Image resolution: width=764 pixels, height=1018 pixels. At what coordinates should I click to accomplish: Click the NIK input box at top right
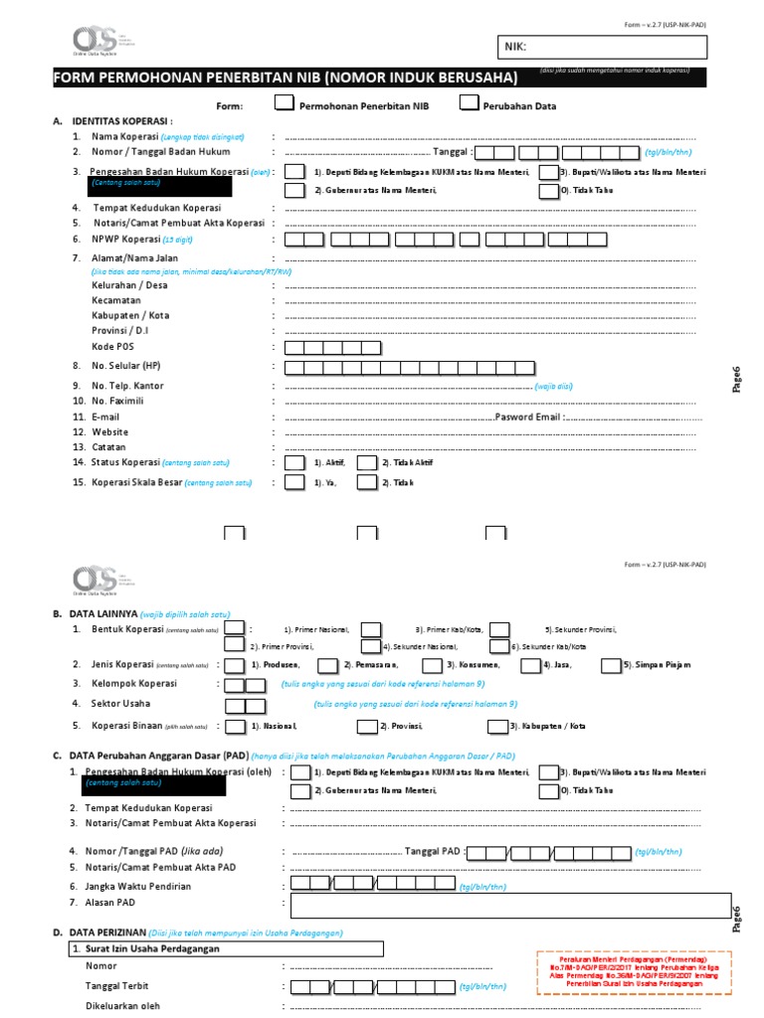(x=602, y=47)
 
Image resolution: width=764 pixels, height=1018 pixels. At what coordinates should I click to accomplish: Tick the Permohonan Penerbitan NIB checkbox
(x=284, y=102)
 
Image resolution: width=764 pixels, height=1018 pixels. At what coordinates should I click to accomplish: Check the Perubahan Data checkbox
(x=468, y=102)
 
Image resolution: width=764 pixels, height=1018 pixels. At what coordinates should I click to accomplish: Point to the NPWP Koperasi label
(x=125, y=240)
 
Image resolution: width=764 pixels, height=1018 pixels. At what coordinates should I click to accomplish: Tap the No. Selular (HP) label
(x=124, y=366)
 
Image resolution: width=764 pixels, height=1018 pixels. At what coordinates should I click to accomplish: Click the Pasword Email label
(x=527, y=418)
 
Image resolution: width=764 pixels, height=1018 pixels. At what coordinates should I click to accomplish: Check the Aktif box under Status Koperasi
(x=294, y=463)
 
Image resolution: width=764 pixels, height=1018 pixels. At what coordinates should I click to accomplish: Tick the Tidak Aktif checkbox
(x=366, y=463)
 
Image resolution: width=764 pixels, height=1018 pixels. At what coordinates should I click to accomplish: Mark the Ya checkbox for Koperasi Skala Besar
(x=294, y=482)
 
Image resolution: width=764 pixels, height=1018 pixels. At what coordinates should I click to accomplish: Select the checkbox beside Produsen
(x=235, y=664)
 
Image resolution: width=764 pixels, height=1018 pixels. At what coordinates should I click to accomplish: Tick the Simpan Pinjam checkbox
(x=613, y=664)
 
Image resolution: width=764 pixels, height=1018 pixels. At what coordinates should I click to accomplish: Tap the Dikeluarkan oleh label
(x=122, y=1005)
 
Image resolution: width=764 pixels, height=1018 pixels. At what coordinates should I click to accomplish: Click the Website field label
(x=110, y=432)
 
